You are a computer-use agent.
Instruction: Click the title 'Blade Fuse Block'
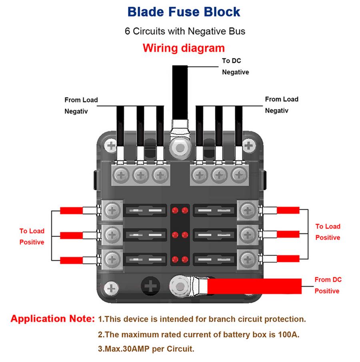click(x=184, y=11)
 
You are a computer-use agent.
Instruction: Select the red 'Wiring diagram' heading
click(x=184, y=48)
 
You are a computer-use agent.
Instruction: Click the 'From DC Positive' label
click(x=328, y=285)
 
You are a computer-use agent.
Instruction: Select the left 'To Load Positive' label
click(x=32, y=237)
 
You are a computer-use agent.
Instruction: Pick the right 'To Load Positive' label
click(x=328, y=232)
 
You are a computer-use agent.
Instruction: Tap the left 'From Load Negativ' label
click(x=81, y=105)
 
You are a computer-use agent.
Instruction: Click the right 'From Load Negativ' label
click(x=282, y=105)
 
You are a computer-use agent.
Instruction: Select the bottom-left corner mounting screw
click(x=111, y=287)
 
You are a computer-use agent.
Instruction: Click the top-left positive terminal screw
click(x=113, y=210)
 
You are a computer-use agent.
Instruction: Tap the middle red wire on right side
click(x=288, y=234)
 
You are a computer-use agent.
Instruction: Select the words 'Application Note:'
click(x=52, y=319)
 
